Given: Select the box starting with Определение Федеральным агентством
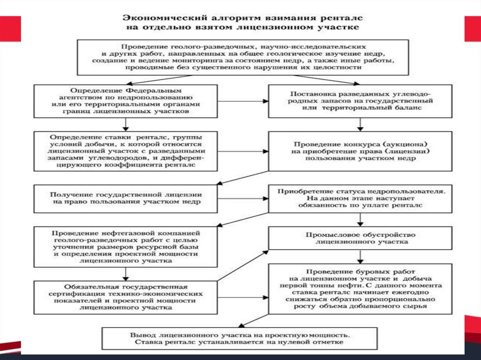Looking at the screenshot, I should [x=125, y=101].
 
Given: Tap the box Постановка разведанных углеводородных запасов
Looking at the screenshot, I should [x=361, y=101].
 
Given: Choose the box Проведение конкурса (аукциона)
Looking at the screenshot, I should [x=361, y=151].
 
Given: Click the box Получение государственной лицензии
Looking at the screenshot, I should [x=125, y=199].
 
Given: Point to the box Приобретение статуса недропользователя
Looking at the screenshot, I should [x=361, y=199].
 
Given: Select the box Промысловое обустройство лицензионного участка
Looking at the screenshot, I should [x=361, y=238].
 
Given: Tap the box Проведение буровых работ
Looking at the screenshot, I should [x=361, y=289].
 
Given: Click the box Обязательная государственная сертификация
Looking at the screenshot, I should [x=125, y=297].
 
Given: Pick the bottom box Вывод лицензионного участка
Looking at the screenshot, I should [x=240, y=339].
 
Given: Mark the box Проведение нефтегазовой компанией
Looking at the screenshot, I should [x=125, y=246].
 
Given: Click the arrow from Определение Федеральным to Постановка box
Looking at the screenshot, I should [x=243, y=101].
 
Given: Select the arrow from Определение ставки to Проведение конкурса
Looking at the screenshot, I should [x=243, y=152].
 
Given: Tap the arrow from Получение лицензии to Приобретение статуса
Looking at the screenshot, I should [x=243, y=199].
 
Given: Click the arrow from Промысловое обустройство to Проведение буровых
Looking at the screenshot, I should [x=361, y=256].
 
